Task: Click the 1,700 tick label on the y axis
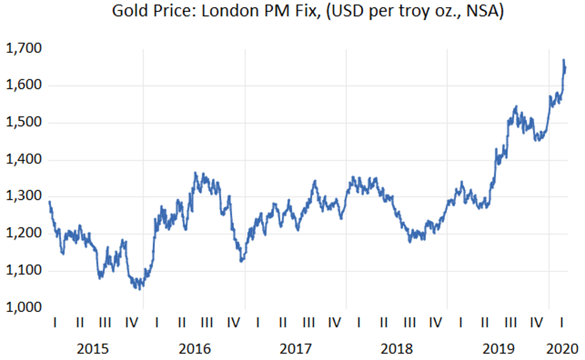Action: pyautogui.click(x=20, y=49)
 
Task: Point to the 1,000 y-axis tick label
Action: pyautogui.click(x=20, y=308)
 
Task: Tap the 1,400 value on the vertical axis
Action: pyautogui.click(x=20, y=160)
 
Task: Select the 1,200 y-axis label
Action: pyautogui.click(x=20, y=234)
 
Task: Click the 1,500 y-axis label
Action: pyautogui.click(x=20, y=123)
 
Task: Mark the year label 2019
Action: pyautogui.click(x=497, y=348)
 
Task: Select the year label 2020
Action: pyautogui.click(x=562, y=348)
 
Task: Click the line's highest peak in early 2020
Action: pyautogui.click(x=563, y=60)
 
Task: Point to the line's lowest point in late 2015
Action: pyautogui.click(x=140, y=289)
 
